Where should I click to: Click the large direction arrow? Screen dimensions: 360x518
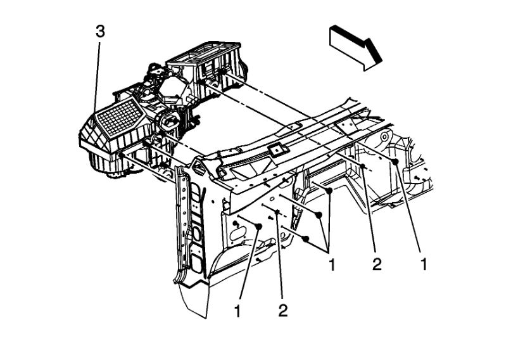pos(355,46)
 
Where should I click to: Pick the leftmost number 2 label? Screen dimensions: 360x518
pos(282,310)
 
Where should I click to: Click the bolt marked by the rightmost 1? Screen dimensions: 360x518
pos(395,162)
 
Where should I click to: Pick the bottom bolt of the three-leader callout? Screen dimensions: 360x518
pos(306,238)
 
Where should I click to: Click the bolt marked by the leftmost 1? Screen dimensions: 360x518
pos(258,226)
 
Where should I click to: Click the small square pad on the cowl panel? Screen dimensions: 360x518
pos(277,151)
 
